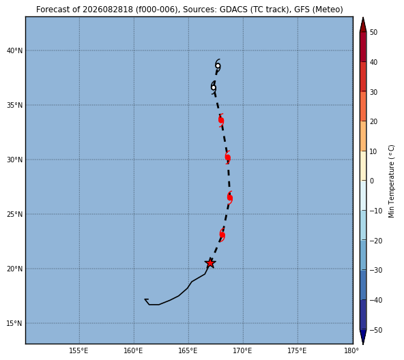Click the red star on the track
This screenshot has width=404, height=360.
pos(210,263)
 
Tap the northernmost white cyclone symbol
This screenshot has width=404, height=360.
pos(218,66)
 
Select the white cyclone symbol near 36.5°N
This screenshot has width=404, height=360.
pos(214,87)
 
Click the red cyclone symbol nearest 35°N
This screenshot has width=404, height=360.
pos(221,120)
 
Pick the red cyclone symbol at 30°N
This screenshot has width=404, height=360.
pos(227,157)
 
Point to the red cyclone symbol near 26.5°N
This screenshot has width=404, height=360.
pos(230,198)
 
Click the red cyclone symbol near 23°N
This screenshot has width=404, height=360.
pos(222,235)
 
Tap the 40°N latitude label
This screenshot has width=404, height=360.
pos(15,50)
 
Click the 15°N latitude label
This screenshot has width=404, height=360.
pos(15,323)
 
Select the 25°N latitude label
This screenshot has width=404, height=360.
pos(15,214)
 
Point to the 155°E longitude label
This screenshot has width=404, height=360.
pos(79,350)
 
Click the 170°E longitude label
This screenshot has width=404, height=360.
pos(243,350)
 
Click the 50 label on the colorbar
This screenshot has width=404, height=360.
pos(373,33)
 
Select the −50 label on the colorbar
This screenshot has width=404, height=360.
pos(375,330)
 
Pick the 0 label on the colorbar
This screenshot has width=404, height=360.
pos(372,181)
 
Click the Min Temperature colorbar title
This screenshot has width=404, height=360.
pos(391,181)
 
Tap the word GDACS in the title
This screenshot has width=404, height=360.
pos(233,10)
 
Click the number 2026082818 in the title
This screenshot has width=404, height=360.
pos(108,10)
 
